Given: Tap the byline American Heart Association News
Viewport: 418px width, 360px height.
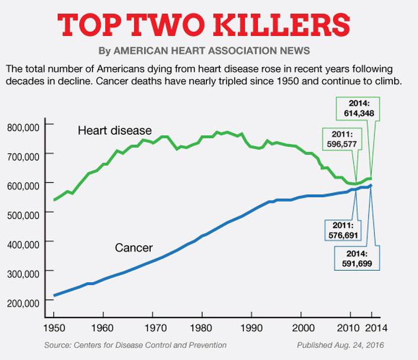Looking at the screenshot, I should tap(204, 51).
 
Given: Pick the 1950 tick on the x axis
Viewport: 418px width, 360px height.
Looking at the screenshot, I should tap(53, 327).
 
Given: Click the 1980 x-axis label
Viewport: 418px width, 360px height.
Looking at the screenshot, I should tap(202, 327).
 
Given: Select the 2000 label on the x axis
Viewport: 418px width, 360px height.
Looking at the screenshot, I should tap(302, 327).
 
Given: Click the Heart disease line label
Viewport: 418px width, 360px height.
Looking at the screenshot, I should tap(114, 131).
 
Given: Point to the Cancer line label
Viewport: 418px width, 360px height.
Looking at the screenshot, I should tap(133, 248).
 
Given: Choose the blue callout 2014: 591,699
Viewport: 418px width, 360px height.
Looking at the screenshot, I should tap(357, 259).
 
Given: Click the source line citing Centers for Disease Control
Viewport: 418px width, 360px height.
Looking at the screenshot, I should tap(135, 345).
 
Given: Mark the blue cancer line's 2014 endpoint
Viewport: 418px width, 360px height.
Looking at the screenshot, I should tap(371, 186).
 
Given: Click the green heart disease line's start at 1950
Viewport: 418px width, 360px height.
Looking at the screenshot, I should tap(54, 200).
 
